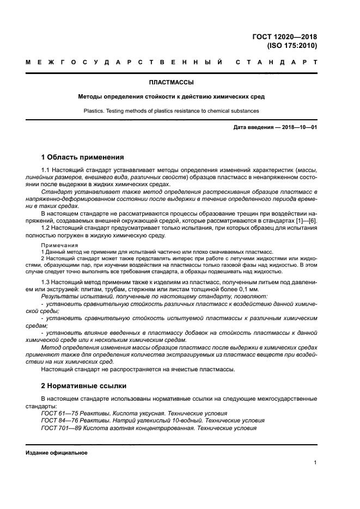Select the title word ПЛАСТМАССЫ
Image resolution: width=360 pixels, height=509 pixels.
pos(172,83)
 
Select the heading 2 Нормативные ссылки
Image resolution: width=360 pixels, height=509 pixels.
pos(84,385)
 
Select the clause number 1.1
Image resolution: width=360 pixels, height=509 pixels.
pos(46,171)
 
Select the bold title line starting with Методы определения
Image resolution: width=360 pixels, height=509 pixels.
pos(172,97)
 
